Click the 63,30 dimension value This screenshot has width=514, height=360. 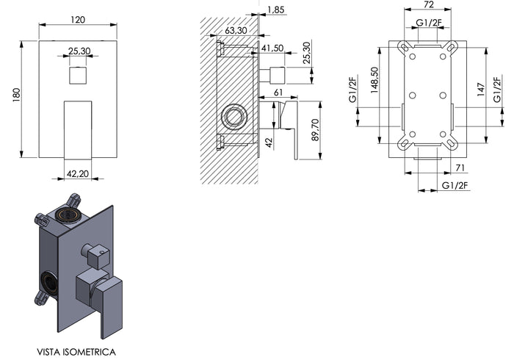click(x=235, y=31)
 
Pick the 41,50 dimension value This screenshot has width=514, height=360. click(x=272, y=48)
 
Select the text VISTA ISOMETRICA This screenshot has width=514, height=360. click(x=76, y=331)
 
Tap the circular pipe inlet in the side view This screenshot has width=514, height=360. click(x=234, y=116)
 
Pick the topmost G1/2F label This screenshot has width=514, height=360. click(x=428, y=22)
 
